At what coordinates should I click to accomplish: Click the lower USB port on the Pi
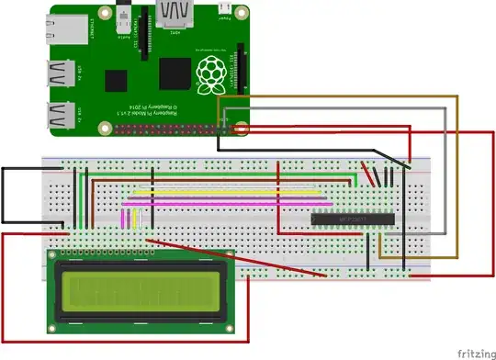pyautogui.click(x=62, y=117)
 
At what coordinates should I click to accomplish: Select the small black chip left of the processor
pyautogui.click(x=114, y=81)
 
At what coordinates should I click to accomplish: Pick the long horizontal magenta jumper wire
pyautogui.click(x=225, y=202)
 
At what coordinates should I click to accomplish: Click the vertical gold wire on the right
pyautogui.click(x=457, y=184)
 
